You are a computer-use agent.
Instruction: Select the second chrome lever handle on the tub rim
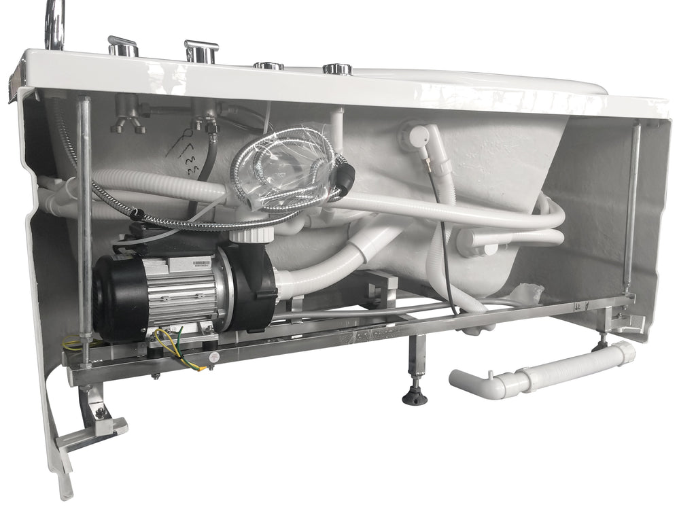tap(201, 50)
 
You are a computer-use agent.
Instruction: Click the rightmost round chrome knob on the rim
tap(337, 68)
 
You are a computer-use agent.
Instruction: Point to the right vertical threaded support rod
tap(631, 204)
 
